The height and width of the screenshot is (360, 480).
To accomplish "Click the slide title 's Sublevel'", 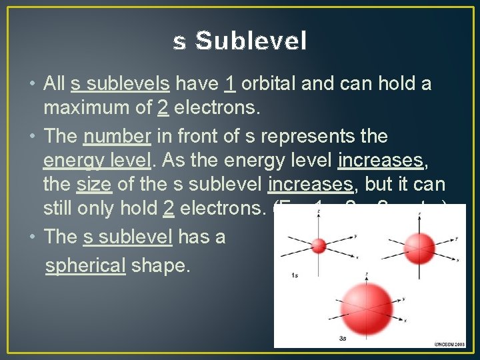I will (240, 41).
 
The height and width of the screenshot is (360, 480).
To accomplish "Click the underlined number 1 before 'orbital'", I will (229, 84).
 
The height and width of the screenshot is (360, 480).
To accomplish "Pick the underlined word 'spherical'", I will (85, 265).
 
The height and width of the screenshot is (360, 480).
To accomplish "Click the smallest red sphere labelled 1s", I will (319, 245).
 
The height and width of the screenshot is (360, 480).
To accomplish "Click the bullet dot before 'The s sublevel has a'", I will (33, 236).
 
